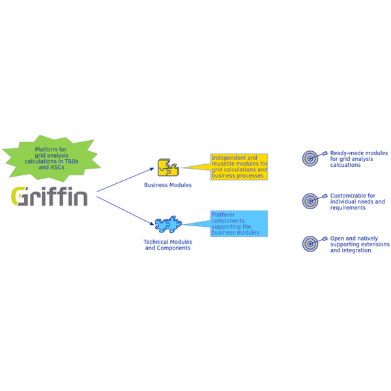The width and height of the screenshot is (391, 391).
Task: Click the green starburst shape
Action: tap(51, 158)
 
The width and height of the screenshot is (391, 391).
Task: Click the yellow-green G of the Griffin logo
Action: tap(18, 196)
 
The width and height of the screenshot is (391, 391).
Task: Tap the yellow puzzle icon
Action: tap(168, 167)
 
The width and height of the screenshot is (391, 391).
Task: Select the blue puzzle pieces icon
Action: tap(168, 224)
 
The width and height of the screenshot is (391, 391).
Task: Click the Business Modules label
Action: tap(168, 185)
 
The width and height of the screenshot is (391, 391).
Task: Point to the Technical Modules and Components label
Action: tap(168, 245)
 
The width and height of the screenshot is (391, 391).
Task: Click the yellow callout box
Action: tap(239, 167)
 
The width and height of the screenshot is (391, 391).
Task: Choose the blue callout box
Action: tap(239, 224)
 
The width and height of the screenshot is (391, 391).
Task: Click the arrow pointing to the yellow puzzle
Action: tap(125, 180)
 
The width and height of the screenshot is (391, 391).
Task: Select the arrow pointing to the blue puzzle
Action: tap(125, 210)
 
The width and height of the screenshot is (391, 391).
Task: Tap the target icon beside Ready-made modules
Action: tap(310, 158)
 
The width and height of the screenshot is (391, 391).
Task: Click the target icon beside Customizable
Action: tap(310, 201)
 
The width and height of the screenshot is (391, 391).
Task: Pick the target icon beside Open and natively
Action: tap(310, 244)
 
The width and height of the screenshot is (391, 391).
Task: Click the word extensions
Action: tap(375, 244)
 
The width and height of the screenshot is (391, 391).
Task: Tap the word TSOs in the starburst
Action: tap(72, 162)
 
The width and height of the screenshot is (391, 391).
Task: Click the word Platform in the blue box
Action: tap(223, 214)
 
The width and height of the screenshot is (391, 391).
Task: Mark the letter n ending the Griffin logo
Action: tap(81, 198)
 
